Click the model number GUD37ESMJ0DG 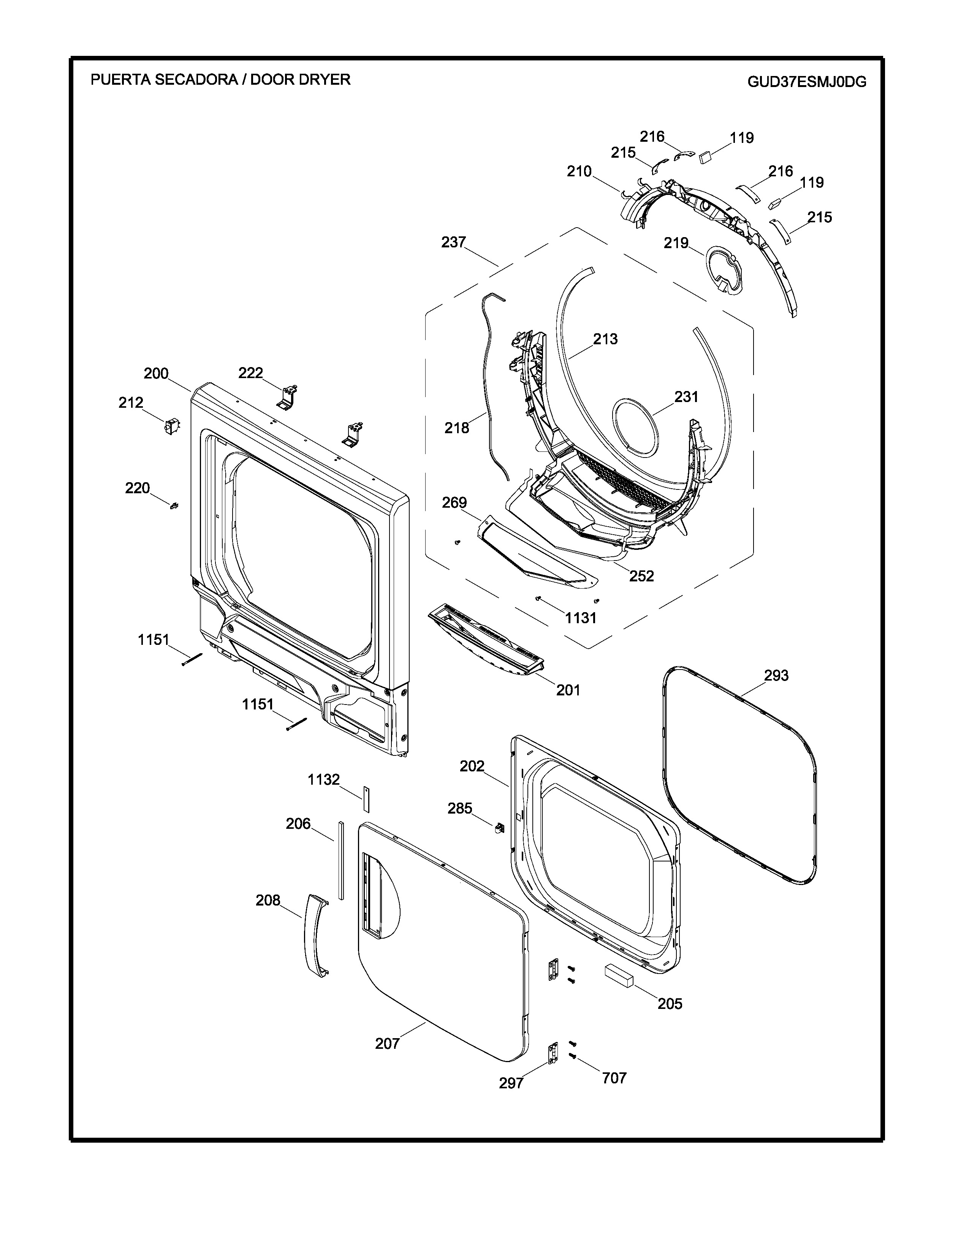point(806,82)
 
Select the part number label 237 point(453,242)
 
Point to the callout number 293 point(776,676)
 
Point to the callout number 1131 point(580,618)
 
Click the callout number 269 point(454,503)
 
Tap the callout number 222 point(250,373)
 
